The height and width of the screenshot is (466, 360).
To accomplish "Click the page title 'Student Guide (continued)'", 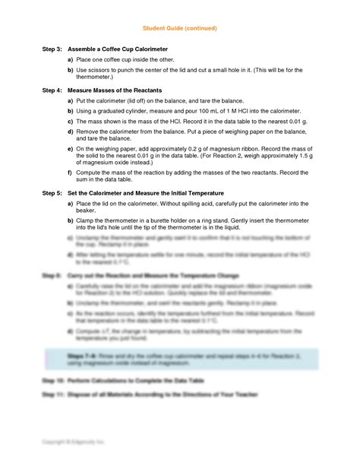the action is coord(179,28).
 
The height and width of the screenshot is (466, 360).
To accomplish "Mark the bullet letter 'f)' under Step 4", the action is coord(70,172).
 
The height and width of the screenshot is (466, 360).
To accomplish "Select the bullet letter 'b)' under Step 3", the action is coord(70,69).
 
